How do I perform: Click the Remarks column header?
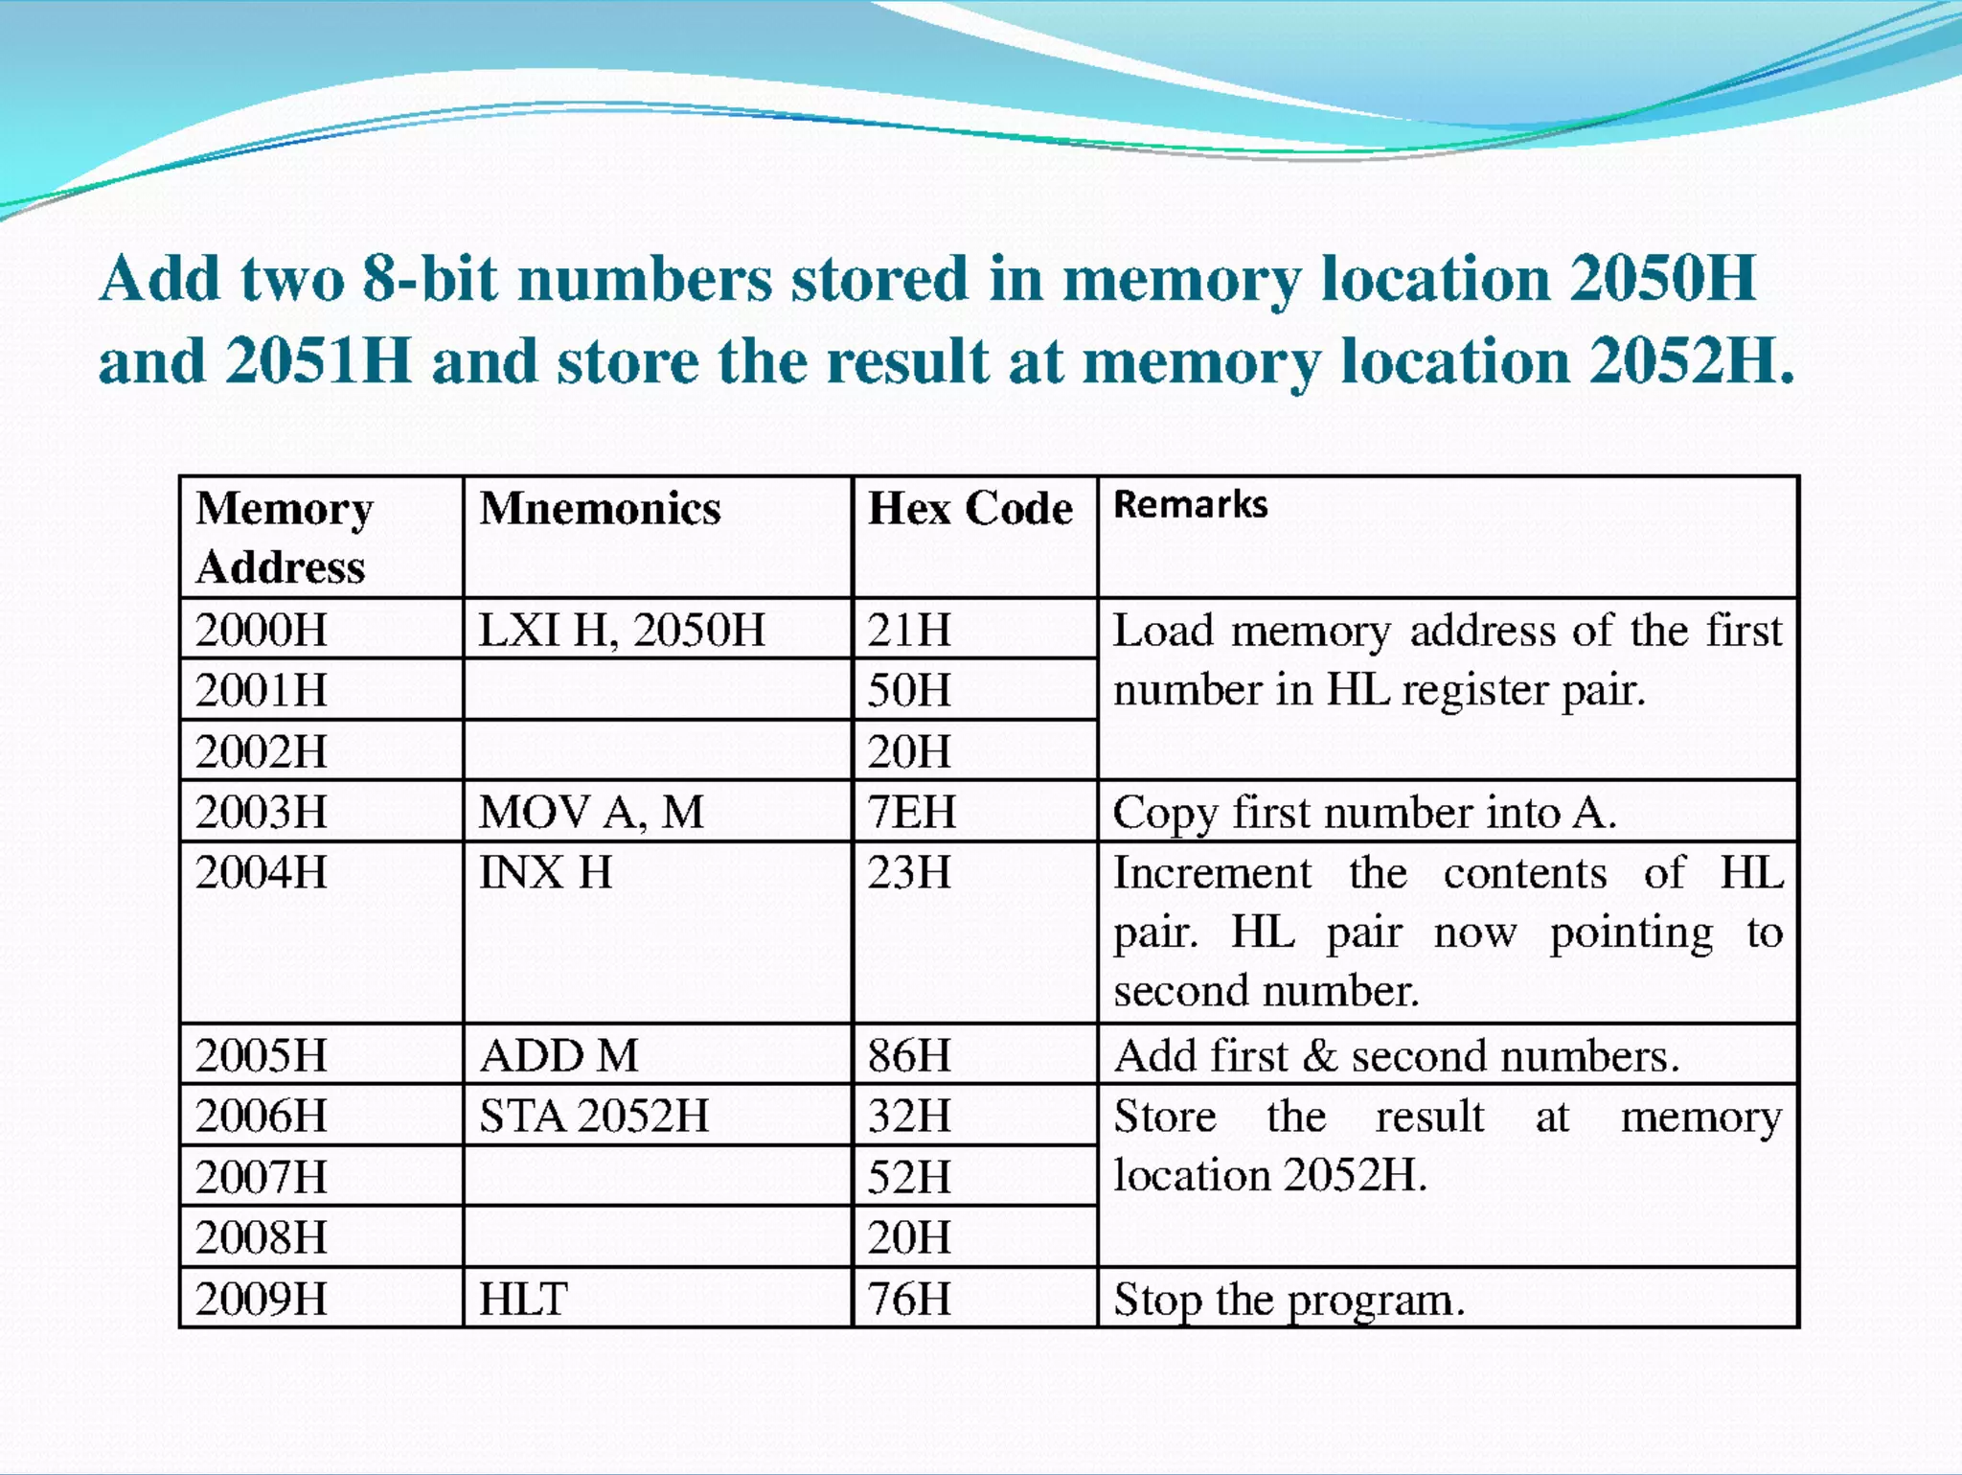(x=1190, y=505)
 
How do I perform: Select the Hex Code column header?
(x=970, y=508)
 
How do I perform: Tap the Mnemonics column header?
(x=600, y=508)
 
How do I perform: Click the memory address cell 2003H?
(x=262, y=812)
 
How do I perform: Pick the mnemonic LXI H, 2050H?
(x=622, y=631)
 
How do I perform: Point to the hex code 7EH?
(x=911, y=812)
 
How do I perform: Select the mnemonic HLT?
(x=523, y=1300)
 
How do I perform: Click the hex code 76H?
(x=909, y=1300)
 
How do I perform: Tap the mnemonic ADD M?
(x=559, y=1056)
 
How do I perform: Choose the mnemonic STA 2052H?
(x=594, y=1117)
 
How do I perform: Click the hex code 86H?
(x=909, y=1056)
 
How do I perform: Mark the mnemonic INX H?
(x=545, y=873)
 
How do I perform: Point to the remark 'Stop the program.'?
(x=1289, y=1301)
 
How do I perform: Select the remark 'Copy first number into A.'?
(x=1364, y=813)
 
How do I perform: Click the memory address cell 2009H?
(x=262, y=1300)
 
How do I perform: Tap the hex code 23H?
(x=909, y=873)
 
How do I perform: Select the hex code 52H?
(x=909, y=1177)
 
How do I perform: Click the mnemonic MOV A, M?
(x=591, y=813)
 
